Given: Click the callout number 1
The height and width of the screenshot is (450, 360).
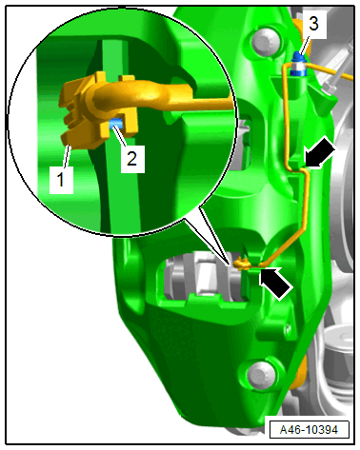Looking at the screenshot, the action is pyautogui.click(x=60, y=180).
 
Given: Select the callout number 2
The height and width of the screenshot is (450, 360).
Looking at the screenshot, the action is pyautogui.click(x=131, y=158).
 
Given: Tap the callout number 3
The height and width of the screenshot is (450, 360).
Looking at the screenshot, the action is pyautogui.click(x=313, y=24).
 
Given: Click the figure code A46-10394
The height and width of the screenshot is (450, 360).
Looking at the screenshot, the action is pyautogui.click(x=309, y=430).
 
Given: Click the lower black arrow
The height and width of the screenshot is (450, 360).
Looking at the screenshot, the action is pyautogui.click(x=275, y=283).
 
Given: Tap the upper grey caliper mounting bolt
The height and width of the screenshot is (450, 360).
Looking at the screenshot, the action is pyautogui.click(x=266, y=42).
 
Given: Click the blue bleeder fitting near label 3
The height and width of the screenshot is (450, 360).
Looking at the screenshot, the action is pyautogui.click(x=298, y=65).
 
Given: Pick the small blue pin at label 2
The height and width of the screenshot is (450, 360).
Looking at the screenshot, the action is pyautogui.click(x=115, y=124).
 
